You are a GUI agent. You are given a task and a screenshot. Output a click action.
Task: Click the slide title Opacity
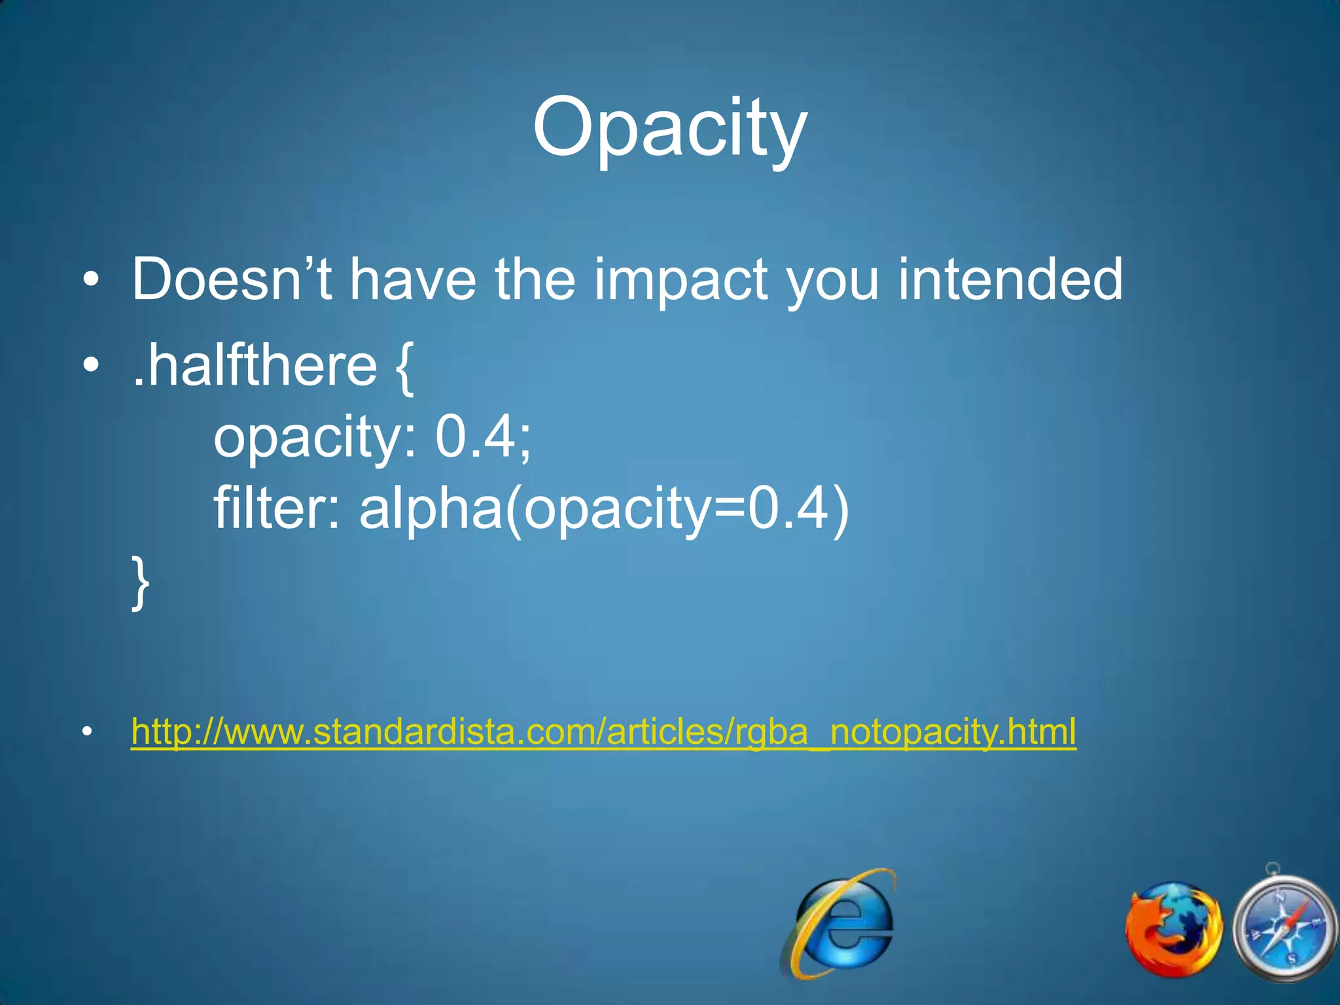669,128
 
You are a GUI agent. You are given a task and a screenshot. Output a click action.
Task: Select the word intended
1010,279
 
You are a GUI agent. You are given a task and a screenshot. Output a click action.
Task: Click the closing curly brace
140,582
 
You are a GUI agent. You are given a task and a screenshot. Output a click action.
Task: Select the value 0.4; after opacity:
484,437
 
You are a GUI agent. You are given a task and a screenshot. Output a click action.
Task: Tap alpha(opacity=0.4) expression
604,510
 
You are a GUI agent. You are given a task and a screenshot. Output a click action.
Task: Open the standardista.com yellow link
603,732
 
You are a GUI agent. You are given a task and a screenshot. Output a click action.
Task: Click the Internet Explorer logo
839,923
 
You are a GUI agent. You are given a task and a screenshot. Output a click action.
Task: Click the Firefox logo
1173,929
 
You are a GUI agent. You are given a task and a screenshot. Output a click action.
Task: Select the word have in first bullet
412,279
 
